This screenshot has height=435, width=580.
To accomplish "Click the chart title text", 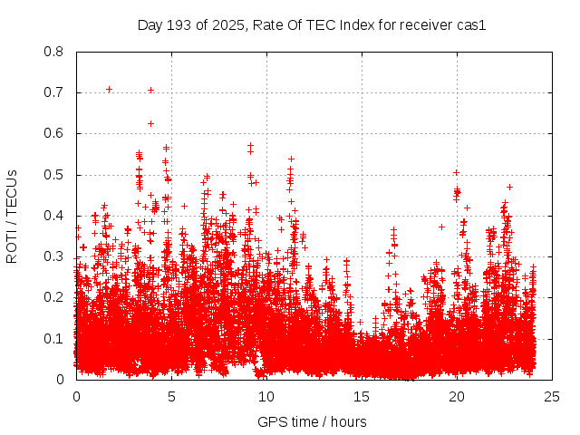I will coord(312,24).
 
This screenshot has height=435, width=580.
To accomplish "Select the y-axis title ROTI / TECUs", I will coord(12,216).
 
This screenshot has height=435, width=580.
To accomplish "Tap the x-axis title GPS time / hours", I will coord(312,421).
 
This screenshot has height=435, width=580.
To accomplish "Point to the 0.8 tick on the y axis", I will coord(54,52).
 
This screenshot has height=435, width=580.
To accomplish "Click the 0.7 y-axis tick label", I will coord(54,92).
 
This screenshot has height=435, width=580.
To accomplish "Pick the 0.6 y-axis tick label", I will coord(54,133).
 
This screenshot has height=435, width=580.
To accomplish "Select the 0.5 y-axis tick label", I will coord(54,175).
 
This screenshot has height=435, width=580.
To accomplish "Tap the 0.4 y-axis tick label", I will coord(54,216).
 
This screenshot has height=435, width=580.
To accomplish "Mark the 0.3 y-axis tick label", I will coord(54,256).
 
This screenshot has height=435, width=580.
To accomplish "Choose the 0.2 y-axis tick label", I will coord(54,297).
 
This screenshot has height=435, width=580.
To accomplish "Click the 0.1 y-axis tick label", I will coord(54,339).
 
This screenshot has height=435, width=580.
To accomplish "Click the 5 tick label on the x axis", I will coord(171,396).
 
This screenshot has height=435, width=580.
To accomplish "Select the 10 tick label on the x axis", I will coord(266,396).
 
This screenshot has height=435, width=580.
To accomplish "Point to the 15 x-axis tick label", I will coord(362,396).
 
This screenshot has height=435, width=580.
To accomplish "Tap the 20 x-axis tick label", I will coord(457,396).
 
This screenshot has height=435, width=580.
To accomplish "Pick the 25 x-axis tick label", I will coord(552,396).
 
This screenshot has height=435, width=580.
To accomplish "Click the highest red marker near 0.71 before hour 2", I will coord(109,89).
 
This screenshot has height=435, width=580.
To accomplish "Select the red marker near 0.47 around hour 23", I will coord(509,187).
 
